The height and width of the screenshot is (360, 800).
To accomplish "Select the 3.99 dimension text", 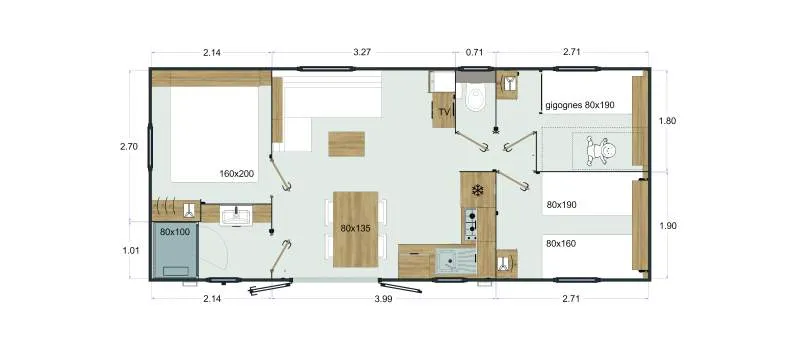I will tap(383, 299).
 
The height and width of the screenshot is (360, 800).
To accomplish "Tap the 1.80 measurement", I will tap(668, 122).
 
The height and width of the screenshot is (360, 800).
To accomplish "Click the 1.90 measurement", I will tap(668, 226).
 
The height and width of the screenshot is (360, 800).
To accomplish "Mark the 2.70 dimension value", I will tap(128, 147).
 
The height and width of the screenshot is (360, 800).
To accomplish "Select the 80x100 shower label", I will tap(175, 232).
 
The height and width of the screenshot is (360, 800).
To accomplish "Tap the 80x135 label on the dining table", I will tap(356, 228).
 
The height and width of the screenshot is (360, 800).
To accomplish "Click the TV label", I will tap(443, 112).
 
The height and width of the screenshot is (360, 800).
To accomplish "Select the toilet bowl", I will tap(475, 98).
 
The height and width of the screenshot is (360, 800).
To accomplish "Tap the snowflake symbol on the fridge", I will tap(478, 190).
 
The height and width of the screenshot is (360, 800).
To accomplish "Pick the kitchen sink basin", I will tap(454, 263).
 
